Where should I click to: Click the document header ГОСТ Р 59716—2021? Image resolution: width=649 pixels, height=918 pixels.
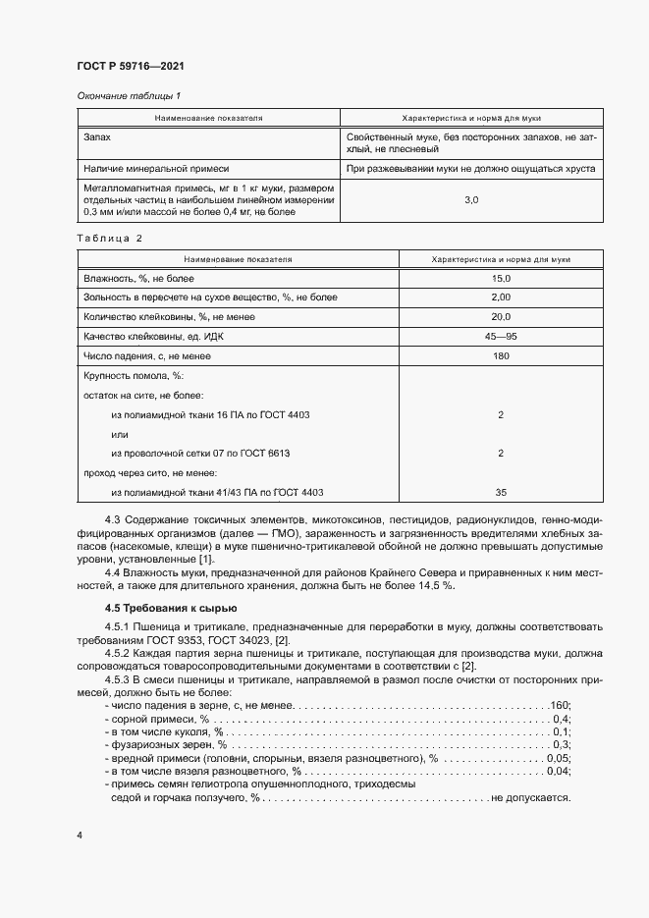coord(131,66)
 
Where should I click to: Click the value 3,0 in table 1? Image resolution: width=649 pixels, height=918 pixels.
coord(470,199)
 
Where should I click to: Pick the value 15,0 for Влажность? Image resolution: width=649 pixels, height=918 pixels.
coord(501,280)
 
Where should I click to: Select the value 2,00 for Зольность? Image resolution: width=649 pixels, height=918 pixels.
coord(501,297)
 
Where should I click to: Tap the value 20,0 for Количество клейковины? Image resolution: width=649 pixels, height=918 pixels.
coord(501,316)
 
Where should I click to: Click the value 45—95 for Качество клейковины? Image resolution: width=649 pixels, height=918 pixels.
coord(501,336)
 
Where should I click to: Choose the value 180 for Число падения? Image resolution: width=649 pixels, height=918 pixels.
coord(501,355)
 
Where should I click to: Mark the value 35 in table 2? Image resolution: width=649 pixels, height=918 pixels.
coord(501,492)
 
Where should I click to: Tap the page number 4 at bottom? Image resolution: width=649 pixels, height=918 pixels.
coord(79,834)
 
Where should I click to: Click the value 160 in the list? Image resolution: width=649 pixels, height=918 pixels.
coord(561,705)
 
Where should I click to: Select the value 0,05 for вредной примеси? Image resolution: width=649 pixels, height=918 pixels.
coord(559,758)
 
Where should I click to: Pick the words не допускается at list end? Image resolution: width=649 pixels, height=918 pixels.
coord(531,798)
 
